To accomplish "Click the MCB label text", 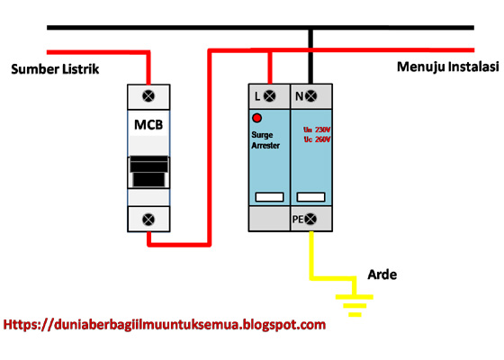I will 148,123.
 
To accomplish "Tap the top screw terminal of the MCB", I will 148,95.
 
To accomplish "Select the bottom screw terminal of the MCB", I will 148,217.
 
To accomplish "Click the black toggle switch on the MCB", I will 148,171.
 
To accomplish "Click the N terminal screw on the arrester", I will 310,95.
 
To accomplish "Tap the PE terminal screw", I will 311,219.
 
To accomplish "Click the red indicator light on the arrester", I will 256,118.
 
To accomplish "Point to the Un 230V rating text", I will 316,130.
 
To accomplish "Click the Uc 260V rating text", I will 316,140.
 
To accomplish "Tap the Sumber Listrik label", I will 55,69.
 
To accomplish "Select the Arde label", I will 382,274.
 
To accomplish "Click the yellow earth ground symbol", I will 354,304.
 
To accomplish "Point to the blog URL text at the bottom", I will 165,325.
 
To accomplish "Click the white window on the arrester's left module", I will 269,195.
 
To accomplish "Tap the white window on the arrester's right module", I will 310,195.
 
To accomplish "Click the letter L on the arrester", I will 257,95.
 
